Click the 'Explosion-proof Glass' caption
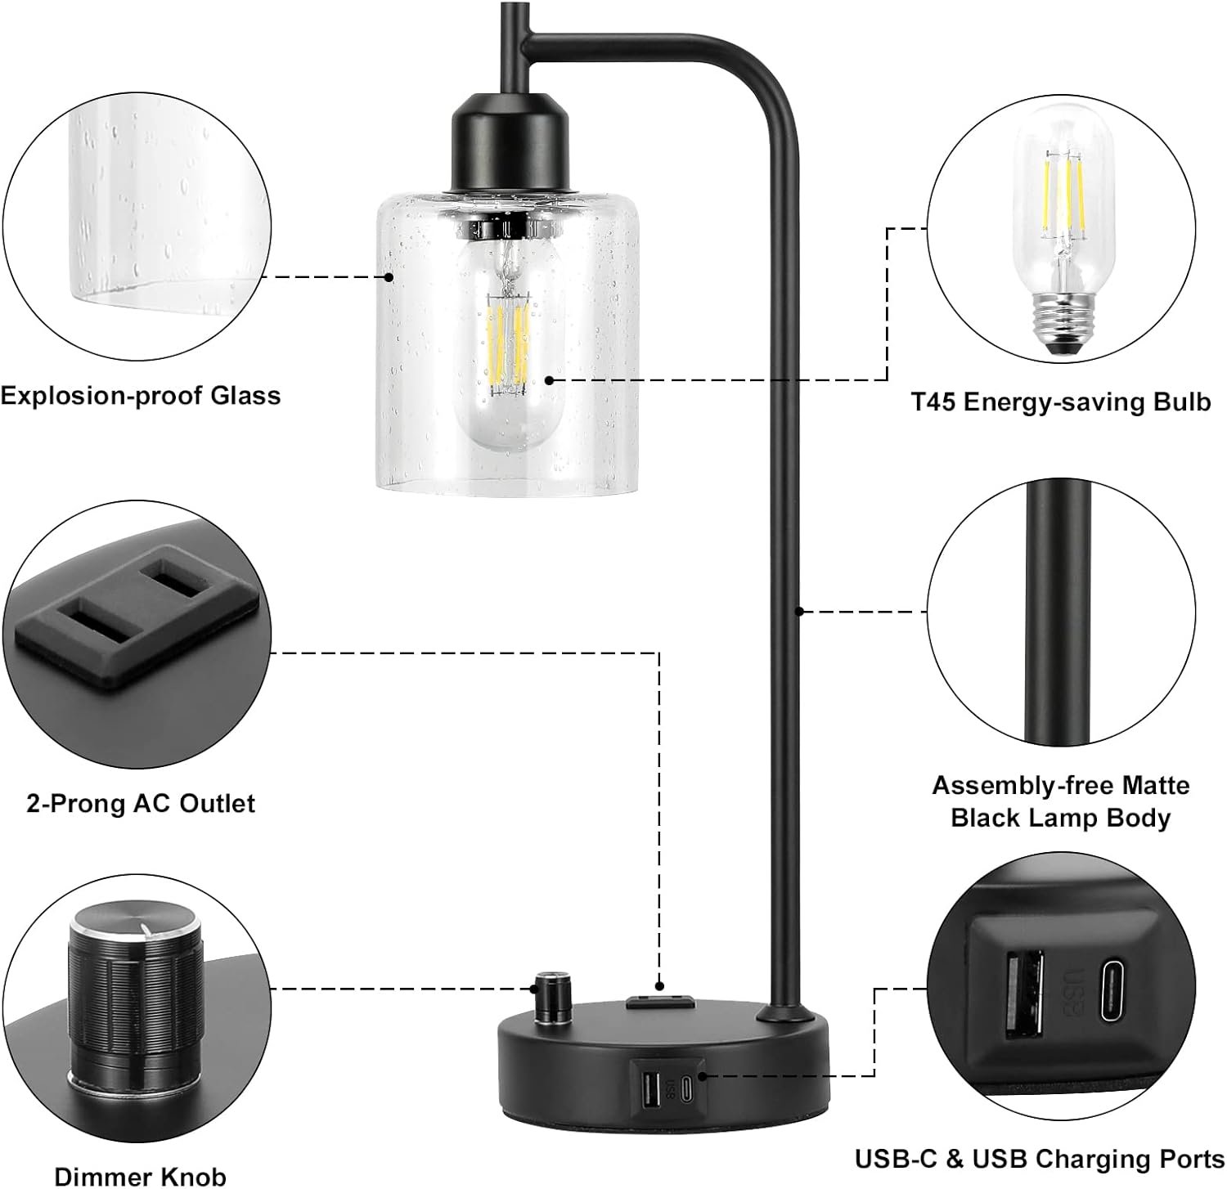[x=140, y=396]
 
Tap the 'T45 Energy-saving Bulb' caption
[x=1060, y=402]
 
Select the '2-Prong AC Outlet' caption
[x=141, y=803]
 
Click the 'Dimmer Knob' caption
[x=140, y=1176]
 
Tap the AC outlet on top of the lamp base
[x=659, y=1001]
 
